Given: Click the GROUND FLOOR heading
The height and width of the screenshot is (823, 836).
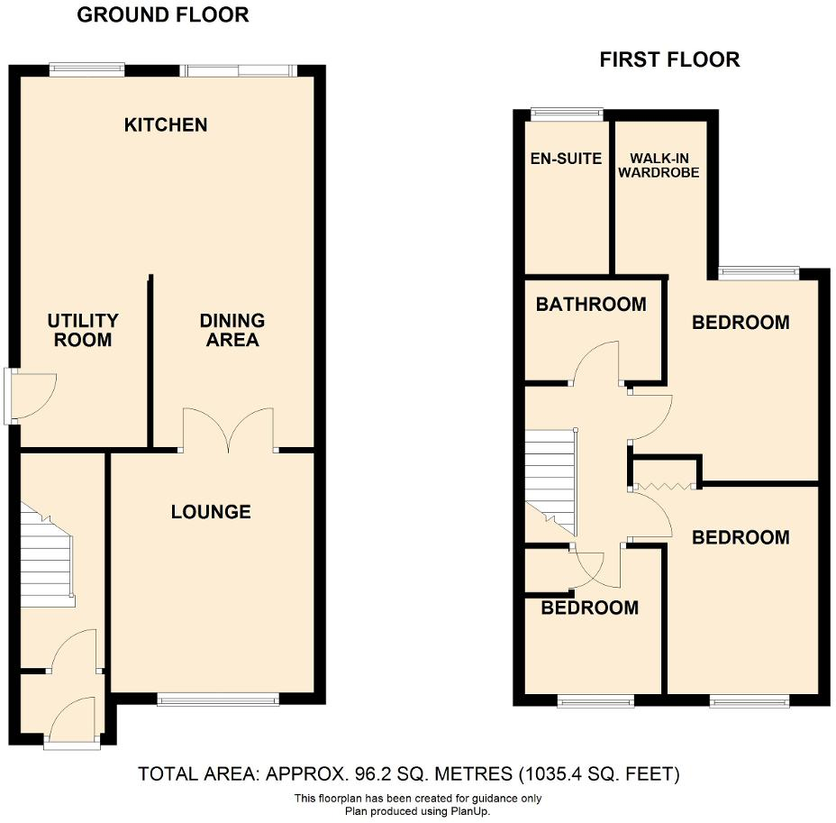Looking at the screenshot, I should point(163,15).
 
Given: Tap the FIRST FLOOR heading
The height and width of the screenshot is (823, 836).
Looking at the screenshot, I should point(669,60).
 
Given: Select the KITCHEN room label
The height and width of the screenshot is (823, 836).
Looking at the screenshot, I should point(166,124).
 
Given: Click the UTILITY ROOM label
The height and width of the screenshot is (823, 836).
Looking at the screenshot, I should point(83,330).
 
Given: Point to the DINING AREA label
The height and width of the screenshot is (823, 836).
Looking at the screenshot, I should point(232,330).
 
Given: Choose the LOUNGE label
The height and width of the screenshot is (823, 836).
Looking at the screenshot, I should point(211,512).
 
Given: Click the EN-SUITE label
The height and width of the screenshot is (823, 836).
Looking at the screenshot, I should point(566,159).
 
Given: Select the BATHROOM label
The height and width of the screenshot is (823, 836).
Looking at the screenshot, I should point(591,304).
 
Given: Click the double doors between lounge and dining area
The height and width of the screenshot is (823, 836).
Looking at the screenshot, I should point(229,430).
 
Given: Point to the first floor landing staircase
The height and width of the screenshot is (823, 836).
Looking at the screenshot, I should point(550,478).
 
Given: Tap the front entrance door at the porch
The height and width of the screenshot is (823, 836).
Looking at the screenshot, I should point(74,720).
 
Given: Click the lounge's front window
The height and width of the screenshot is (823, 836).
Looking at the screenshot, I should point(217,699).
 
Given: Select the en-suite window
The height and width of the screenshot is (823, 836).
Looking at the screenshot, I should point(566,114).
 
